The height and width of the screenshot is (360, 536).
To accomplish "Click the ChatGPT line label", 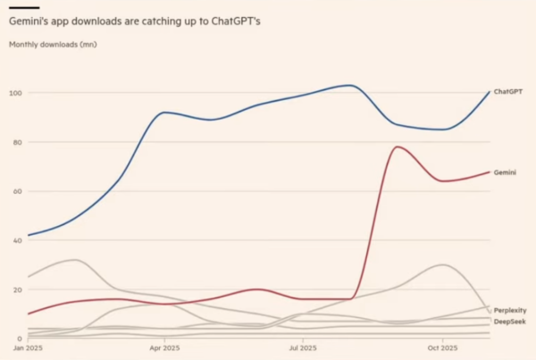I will click(x=507, y=92).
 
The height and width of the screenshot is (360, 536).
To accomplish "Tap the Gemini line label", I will click(x=504, y=172).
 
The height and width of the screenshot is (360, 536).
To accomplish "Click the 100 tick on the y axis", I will click(x=14, y=93).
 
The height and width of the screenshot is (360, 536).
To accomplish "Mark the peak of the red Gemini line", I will click(x=396, y=147).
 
